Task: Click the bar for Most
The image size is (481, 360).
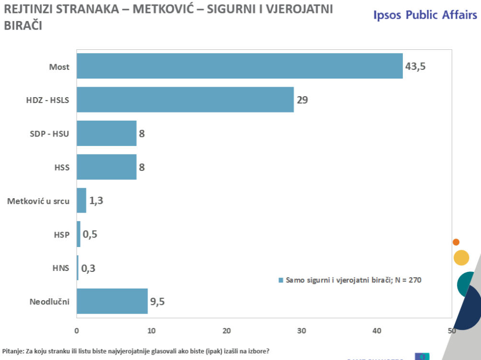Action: [x=240, y=66]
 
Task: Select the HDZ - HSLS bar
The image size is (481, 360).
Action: [x=185, y=100]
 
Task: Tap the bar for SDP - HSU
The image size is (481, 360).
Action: [x=106, y=133]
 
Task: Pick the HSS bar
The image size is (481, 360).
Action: [x=106, y=167]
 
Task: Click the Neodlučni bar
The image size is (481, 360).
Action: [x=112, y=301]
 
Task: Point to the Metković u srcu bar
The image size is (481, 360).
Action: [x=81, y=200]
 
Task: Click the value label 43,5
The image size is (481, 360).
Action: [x=415, y=66]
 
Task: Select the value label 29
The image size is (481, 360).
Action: [x=302, y=100]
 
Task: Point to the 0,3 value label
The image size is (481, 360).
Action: [x=88, y=268]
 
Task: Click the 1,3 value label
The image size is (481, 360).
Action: [x=96, y=201]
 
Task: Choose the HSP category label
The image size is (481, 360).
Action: [x=61, y=235]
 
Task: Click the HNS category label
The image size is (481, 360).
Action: [x=61, y=268]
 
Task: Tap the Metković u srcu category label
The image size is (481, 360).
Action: [x=38, y=201]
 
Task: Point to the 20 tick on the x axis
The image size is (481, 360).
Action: [x=227, y=330]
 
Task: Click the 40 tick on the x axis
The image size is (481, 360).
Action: [x=377, y=330]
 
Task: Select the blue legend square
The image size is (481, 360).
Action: [x=281, y=280]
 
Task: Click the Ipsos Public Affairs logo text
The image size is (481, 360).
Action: [x=425, y=14]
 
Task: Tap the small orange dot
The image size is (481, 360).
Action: [x=456, y=242]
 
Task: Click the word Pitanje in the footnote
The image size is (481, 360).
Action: [x=13, y=350]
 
